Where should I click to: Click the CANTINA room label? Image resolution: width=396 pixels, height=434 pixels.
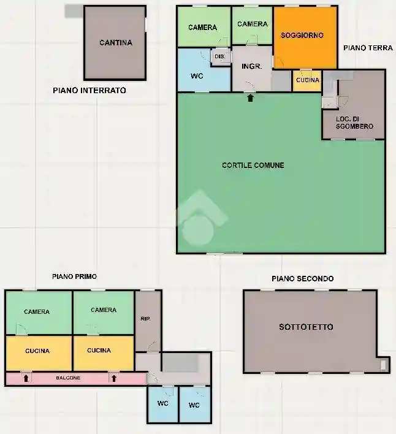pyautogui.click(x=116, y=43)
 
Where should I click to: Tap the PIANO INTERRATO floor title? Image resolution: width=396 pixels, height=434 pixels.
pyautogui.click(x=89, y=91)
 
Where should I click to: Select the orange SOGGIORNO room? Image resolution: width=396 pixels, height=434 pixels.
pyautogui.click(x=305, y=37)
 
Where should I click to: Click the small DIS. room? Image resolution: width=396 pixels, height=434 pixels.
pyautogui.click(x=221, y=56)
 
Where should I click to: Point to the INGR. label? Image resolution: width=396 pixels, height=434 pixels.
pyautogui.click(x=251, y=66)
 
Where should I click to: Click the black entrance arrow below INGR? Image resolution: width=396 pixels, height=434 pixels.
pyautogui.click(x=251, y=97)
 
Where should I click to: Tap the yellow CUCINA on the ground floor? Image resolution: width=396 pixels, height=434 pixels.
pyautogui.click(x=307, y=80)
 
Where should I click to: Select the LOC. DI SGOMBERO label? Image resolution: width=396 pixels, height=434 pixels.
pyautogui.click(x=354, y=123)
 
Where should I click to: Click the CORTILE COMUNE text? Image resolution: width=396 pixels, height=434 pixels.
pyautogui.click(x=253, y=166)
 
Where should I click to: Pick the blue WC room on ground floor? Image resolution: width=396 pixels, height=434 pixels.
pyautogui.click(x=204, y=70)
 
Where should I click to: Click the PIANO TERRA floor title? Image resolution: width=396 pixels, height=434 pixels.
pyautogui.click(x=368, y=48)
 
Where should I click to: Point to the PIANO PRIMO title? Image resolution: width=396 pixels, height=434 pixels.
pyautogui.click(x=74, y=276)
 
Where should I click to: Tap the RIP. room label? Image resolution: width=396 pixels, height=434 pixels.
pyautogui.click(x=145, y=319)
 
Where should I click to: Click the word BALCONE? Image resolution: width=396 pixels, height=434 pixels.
pyautogui.click(x=68, y=378)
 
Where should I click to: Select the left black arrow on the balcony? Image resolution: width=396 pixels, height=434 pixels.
pyautogui.click(x=26, y=378)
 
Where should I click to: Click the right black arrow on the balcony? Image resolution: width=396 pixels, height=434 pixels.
pyautogui.click(x=114, y=378)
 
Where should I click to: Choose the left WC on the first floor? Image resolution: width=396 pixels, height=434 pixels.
pyautogui.click(x=162, y=404)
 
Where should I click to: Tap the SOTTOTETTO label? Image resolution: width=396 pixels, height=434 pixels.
pyautogui.click(x=306, y=327)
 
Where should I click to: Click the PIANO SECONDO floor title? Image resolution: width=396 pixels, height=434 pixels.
pyautogui.click(x=303, y=279)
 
